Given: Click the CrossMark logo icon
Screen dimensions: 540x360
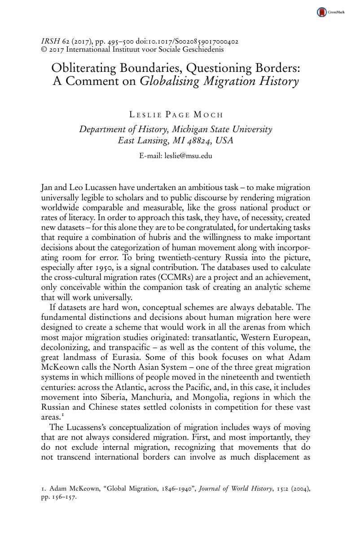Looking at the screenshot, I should click(322, 13).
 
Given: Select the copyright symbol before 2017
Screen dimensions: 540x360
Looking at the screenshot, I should click(44, 49).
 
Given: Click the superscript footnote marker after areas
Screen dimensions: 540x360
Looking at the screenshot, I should click(59, 414).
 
